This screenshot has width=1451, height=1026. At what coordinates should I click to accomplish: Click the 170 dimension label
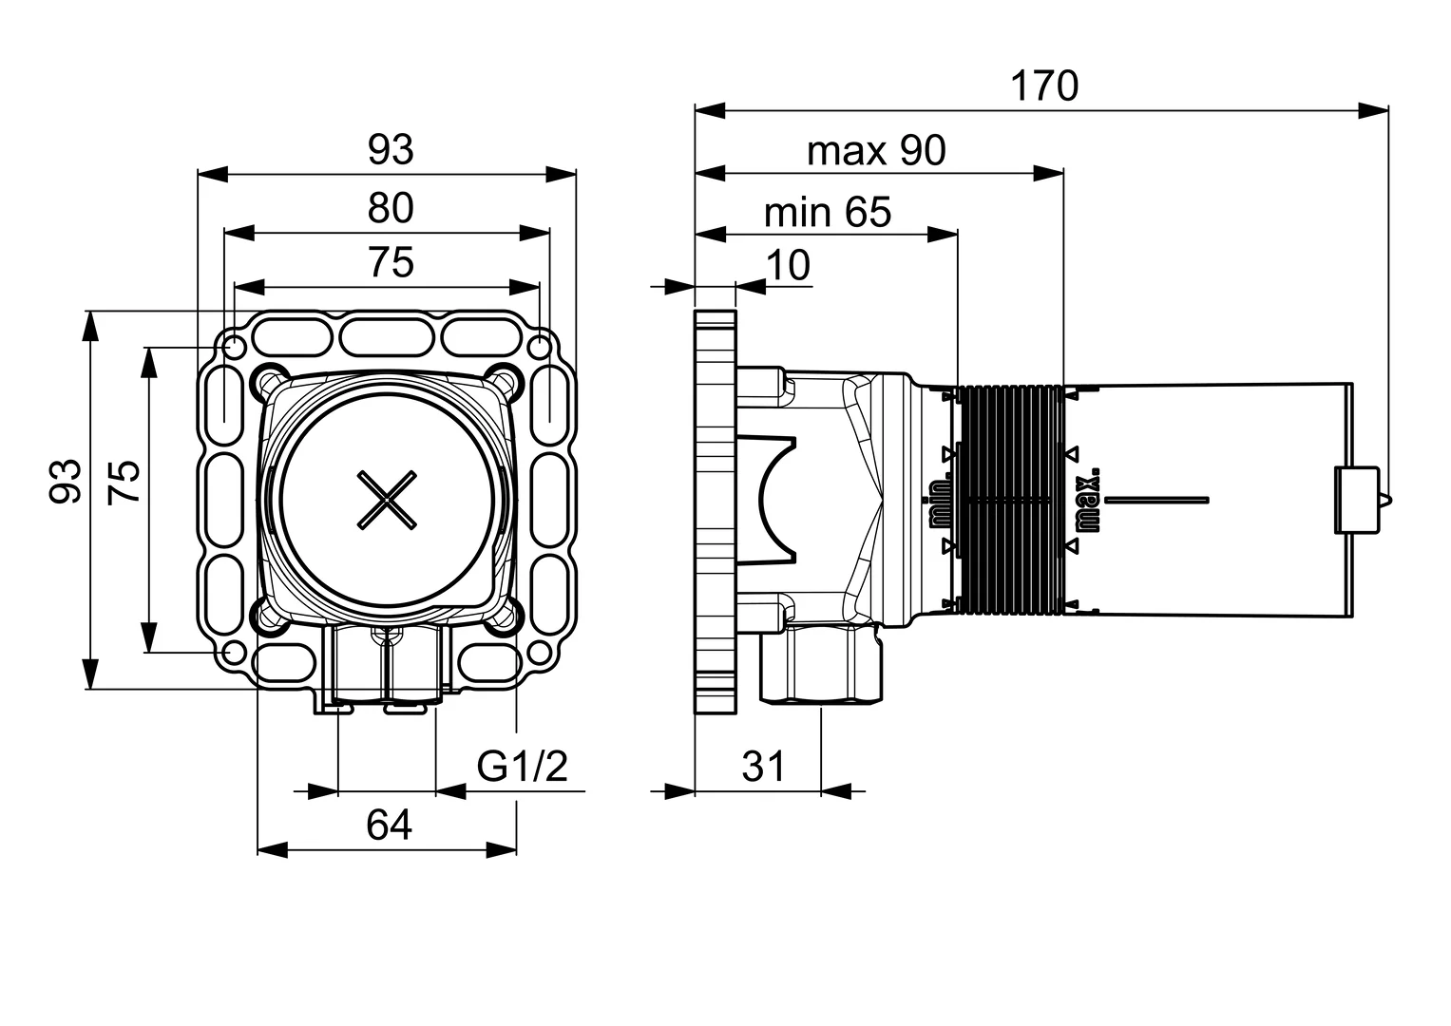pyautogui.click(x=1044, y=85)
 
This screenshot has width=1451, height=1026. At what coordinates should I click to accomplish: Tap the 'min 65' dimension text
pyautogui.click(x=828, y=212)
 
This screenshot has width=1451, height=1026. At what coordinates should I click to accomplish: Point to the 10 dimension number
pyautogui.click(x=788, y=265)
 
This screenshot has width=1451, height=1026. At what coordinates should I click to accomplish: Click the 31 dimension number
pyautogui.click(x=763, y=767)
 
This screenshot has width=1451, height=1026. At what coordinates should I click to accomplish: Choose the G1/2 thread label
pyautogui.click(x=522, y=766)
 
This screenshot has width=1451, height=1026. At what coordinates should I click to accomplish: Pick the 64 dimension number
pyautogui.click(x=389, y=826)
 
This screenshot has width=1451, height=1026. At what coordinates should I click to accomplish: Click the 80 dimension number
pyautogui.click(x=391, y=208)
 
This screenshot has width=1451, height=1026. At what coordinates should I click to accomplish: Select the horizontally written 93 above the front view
pyautogui.click(x=391, y=150)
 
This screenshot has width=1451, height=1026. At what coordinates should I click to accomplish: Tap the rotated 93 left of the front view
pyautogui.click(x=66, y=481)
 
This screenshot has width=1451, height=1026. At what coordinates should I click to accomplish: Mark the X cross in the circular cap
pyautogui.click(x=387, y=500)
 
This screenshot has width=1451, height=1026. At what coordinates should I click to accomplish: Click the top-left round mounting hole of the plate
pyautogui.click(x=233, y=348)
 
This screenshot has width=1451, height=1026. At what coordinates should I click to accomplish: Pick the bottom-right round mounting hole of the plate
pyautogui.click(x=540, y=653)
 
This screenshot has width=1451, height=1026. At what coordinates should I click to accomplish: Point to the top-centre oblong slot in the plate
pyautogui.click(x=387, y=337)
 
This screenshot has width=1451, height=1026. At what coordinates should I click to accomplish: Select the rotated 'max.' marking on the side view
pyautogui.click(x=1088, y=500)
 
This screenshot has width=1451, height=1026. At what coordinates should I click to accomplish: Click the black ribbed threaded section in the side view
pyautogui.click(x=1010, y=500)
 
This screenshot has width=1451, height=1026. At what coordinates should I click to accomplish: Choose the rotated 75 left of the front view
pyautogui.click(x=124, y=481)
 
